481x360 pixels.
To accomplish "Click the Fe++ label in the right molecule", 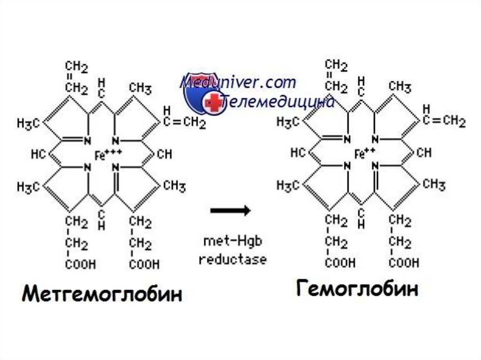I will pos(365,153).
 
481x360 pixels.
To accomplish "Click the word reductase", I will pos(233,259).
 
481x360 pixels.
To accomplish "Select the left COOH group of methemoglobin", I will pos(80,265).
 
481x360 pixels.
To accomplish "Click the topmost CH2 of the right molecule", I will pos(336,66).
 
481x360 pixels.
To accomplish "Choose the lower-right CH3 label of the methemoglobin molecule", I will pos(174,186).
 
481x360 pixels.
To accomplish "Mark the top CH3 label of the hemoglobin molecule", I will pos(400,86).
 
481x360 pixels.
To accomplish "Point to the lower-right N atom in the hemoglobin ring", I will pos(375,166).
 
